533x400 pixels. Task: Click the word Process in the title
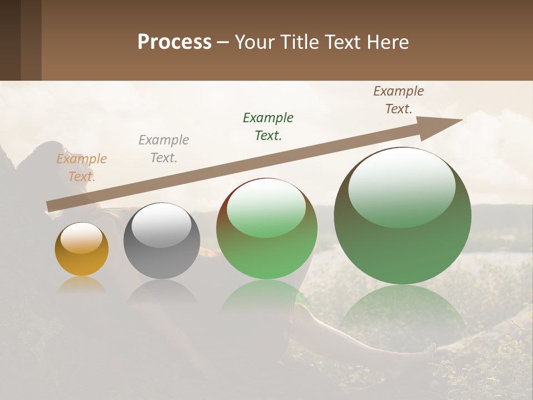coord(174,42)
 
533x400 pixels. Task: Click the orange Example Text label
coord(82,168)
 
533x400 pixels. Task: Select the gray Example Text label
coord(164,149)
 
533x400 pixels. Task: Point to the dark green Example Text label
coord(268,127)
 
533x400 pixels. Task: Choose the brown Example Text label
coord(398,100)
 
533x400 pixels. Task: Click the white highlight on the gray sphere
coord(162,225)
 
